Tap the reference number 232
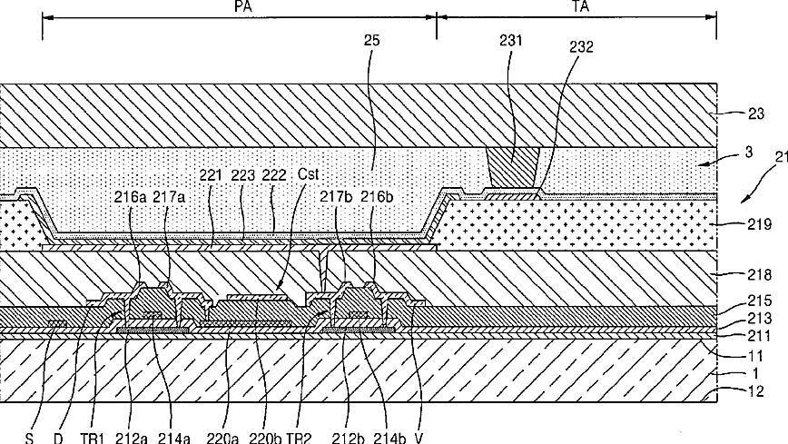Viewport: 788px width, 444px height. point(581,46)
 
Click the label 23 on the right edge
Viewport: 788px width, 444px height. point(754,114)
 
